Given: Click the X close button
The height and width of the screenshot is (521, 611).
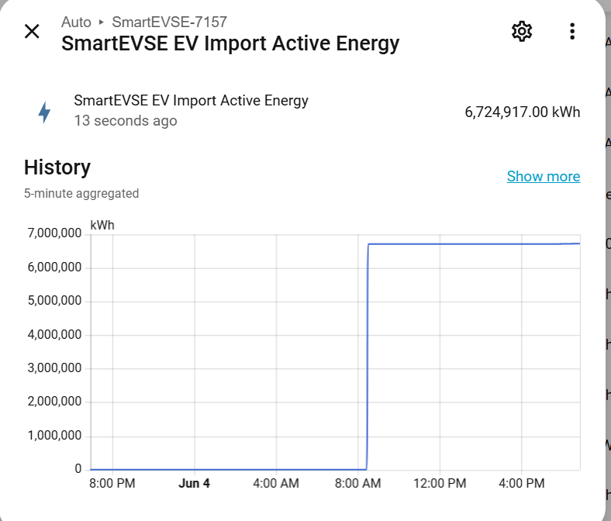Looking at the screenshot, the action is click(32, 31).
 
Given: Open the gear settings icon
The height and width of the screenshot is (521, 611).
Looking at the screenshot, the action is click(522, 31).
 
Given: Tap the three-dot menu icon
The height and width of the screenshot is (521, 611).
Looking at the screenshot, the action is click(572, 31).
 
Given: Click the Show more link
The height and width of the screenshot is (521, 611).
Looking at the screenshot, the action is click(544, 177).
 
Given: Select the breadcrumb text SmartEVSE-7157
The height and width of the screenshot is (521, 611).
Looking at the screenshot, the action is click(170, 22).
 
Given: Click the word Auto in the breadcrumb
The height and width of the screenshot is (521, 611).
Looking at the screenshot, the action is click(76, 22).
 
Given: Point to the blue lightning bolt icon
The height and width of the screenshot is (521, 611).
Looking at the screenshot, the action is click(44, 112).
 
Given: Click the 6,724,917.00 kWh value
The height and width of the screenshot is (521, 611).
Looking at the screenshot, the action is click(523, 112).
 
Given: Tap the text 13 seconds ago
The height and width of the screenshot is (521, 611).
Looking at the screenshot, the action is click(126, 121).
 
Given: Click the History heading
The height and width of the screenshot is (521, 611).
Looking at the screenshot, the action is click(57, 167).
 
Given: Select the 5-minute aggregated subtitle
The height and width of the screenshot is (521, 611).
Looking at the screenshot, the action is click(81, 193).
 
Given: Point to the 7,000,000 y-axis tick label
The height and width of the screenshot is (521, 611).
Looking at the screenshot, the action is click(54, 233).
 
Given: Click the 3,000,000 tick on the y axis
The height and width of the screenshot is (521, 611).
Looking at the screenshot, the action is click(54, 367).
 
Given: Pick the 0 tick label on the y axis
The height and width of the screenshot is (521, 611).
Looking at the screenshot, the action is click(78, 469).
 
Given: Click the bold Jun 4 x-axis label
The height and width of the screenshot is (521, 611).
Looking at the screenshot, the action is click(194, 483).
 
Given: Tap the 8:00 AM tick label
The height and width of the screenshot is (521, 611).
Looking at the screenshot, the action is click(357, 483).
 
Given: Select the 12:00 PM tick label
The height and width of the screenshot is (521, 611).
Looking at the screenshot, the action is click(440, 483).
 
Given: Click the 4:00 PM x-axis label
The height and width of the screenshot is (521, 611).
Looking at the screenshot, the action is click(522, 483).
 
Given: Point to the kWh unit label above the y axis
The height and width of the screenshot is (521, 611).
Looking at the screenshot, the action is click(102, 226).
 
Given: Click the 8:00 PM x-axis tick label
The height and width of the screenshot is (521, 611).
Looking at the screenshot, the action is click(112, 483).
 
